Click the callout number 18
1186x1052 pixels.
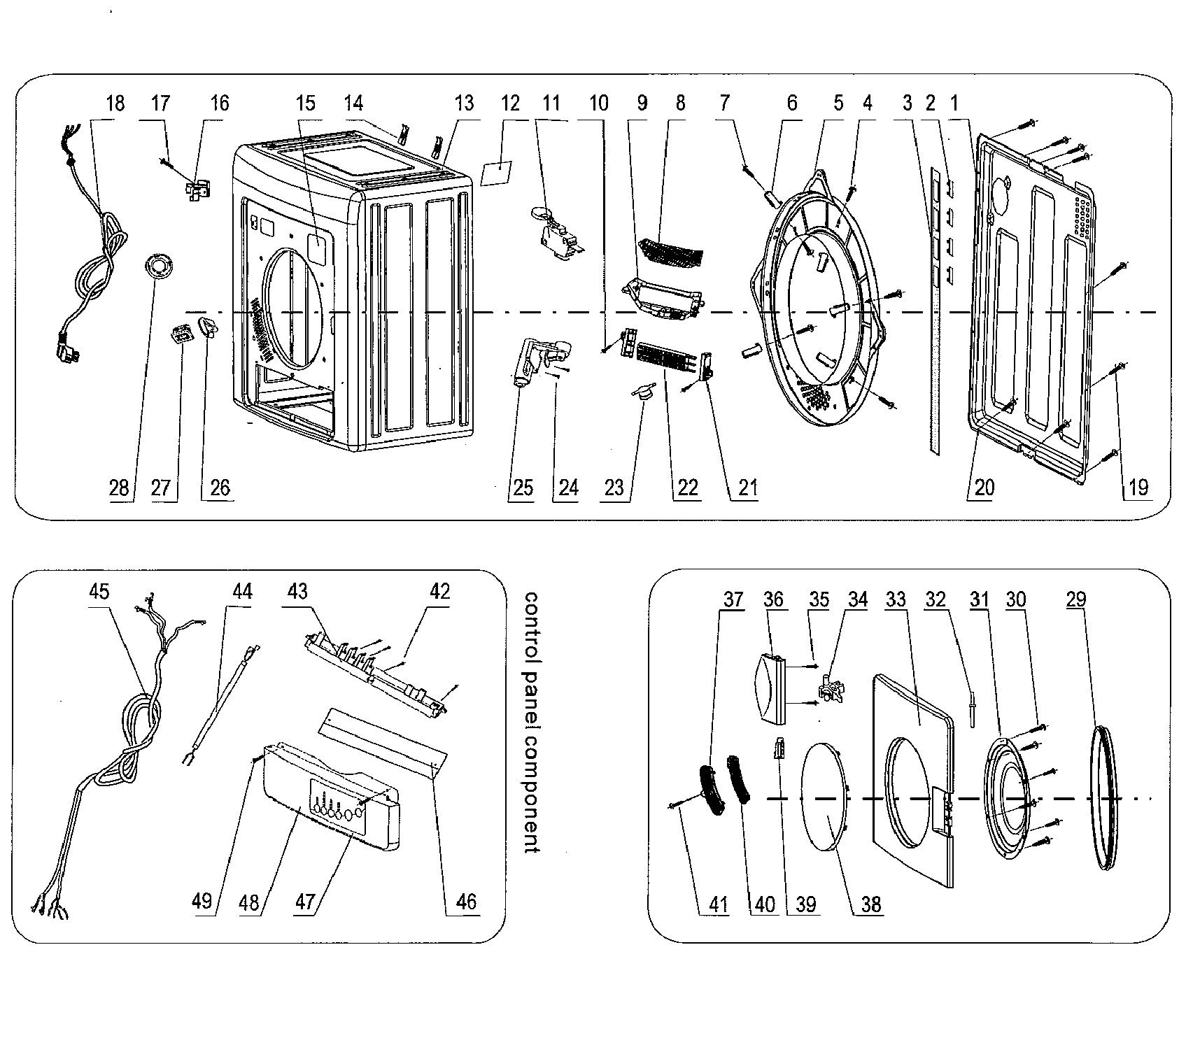pyautogui.click(x=115, y=104)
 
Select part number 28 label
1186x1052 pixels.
pyautogui.click(x=119, y=488)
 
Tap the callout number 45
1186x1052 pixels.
pyautogui.click(x=99, y=592)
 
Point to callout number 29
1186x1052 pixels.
pyautogui.click(x=1078, y=599)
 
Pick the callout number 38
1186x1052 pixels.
pyautogui.click(x=871, y=904)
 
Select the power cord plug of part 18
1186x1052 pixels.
pyautogui.click(x=68, y=346)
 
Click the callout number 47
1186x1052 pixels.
pyautogui.click(x=305, y=902)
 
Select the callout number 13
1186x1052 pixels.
pyautogui.click(x=464, y=104)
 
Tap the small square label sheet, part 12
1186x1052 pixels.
pyautogui.click(x=496, y=171)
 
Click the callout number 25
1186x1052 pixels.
pyautogui.click(x=523, y=488)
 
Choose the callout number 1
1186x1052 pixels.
pyautogui.click(x=953, y=104)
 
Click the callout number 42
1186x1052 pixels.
pyautogui.click(x=440, y=592)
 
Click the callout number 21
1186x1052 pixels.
pyautogui.click(x=748, y=488)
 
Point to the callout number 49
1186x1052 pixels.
pyautogui.click(x=202, y=902)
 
